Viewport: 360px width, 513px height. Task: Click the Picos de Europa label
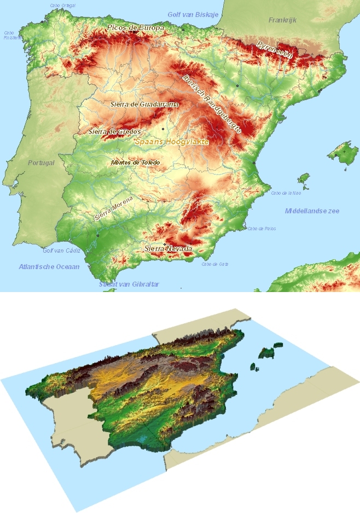[x=136, y=27]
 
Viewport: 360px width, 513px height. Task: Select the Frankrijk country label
[x=282, y=20]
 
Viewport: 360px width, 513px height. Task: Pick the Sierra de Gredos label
[x=115, y=132]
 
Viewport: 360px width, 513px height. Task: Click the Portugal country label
[x=42, y=163]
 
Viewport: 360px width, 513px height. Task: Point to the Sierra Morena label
[x=114, y=208]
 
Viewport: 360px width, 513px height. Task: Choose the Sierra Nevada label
[x=169, y=249]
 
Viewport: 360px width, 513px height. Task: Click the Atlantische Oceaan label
[x=49, y=267]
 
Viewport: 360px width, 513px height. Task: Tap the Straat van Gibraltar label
[x=129, y=284]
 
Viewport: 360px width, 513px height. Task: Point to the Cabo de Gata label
[x=215, y=264]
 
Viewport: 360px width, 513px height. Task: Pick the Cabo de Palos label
[x=262, y=229]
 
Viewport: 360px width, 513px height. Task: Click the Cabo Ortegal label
[x=62, y=5]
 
